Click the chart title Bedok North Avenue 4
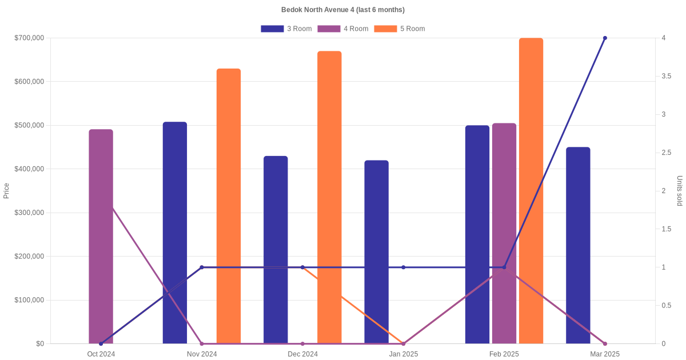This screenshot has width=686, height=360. coord(343,10)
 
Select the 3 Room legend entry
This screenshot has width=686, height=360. coord(286,29)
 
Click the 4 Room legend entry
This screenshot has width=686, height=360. coord(342,29)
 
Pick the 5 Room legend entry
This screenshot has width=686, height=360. coord(399,29)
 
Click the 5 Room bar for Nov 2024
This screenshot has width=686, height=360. coord(229,206)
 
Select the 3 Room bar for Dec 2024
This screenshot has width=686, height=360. coord(276,250)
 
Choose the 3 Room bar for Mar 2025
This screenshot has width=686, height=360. coord(578,246)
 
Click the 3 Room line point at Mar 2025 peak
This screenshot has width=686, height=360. coord(605,38)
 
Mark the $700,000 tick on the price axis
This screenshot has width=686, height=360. coord(29,38)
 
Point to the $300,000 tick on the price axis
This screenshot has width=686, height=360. coord(29,213)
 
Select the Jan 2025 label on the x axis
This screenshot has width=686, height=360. coord(404,354)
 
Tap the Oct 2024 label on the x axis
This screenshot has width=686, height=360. coord(101,354)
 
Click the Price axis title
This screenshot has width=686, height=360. coord(6,191)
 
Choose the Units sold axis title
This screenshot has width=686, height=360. coord(680,191)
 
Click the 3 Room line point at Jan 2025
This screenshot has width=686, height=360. coord(404,267)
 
